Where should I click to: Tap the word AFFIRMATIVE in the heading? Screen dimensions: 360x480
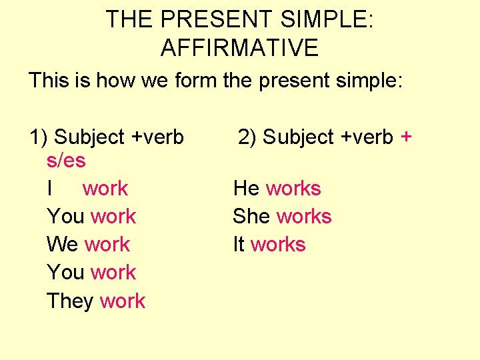point(239,48)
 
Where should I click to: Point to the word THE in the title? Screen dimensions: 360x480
point(130,19)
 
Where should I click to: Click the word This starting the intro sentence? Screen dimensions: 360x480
point(49,81)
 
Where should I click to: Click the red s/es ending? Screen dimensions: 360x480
point(66,161)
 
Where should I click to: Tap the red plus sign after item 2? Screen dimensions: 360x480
point(406,137)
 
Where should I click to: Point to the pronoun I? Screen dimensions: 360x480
point(50,189)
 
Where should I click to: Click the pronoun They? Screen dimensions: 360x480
point(70,301)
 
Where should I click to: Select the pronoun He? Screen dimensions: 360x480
point(246,189)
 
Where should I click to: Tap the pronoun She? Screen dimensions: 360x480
point(251,217)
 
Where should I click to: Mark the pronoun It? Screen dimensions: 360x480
point(239,245)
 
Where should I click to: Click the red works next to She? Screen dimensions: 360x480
point(304,217)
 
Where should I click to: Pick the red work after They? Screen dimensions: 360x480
point(123,301)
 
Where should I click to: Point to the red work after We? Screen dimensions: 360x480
point(107,245)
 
